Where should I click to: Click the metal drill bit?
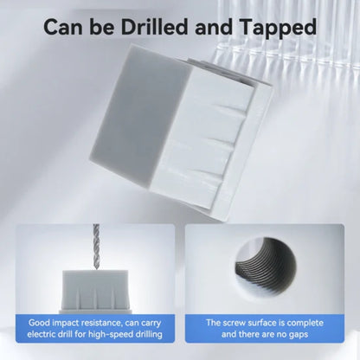pyautogui.click(x=96, y=247)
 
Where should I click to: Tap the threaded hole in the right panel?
pyautogui.click(x=265, y=262)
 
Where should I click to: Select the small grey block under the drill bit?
pyautogui.click(x=95, y=291)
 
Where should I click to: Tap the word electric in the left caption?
pyautogui.click(x=41, y=334)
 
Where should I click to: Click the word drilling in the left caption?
pyautogui.click(x=147, y=335)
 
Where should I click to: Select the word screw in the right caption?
pyautogui.click(x=235, y=323)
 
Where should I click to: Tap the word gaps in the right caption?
pyautogui.click(x=298, y=335)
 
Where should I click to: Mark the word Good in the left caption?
pyautogui.click(x=39, y=323)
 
